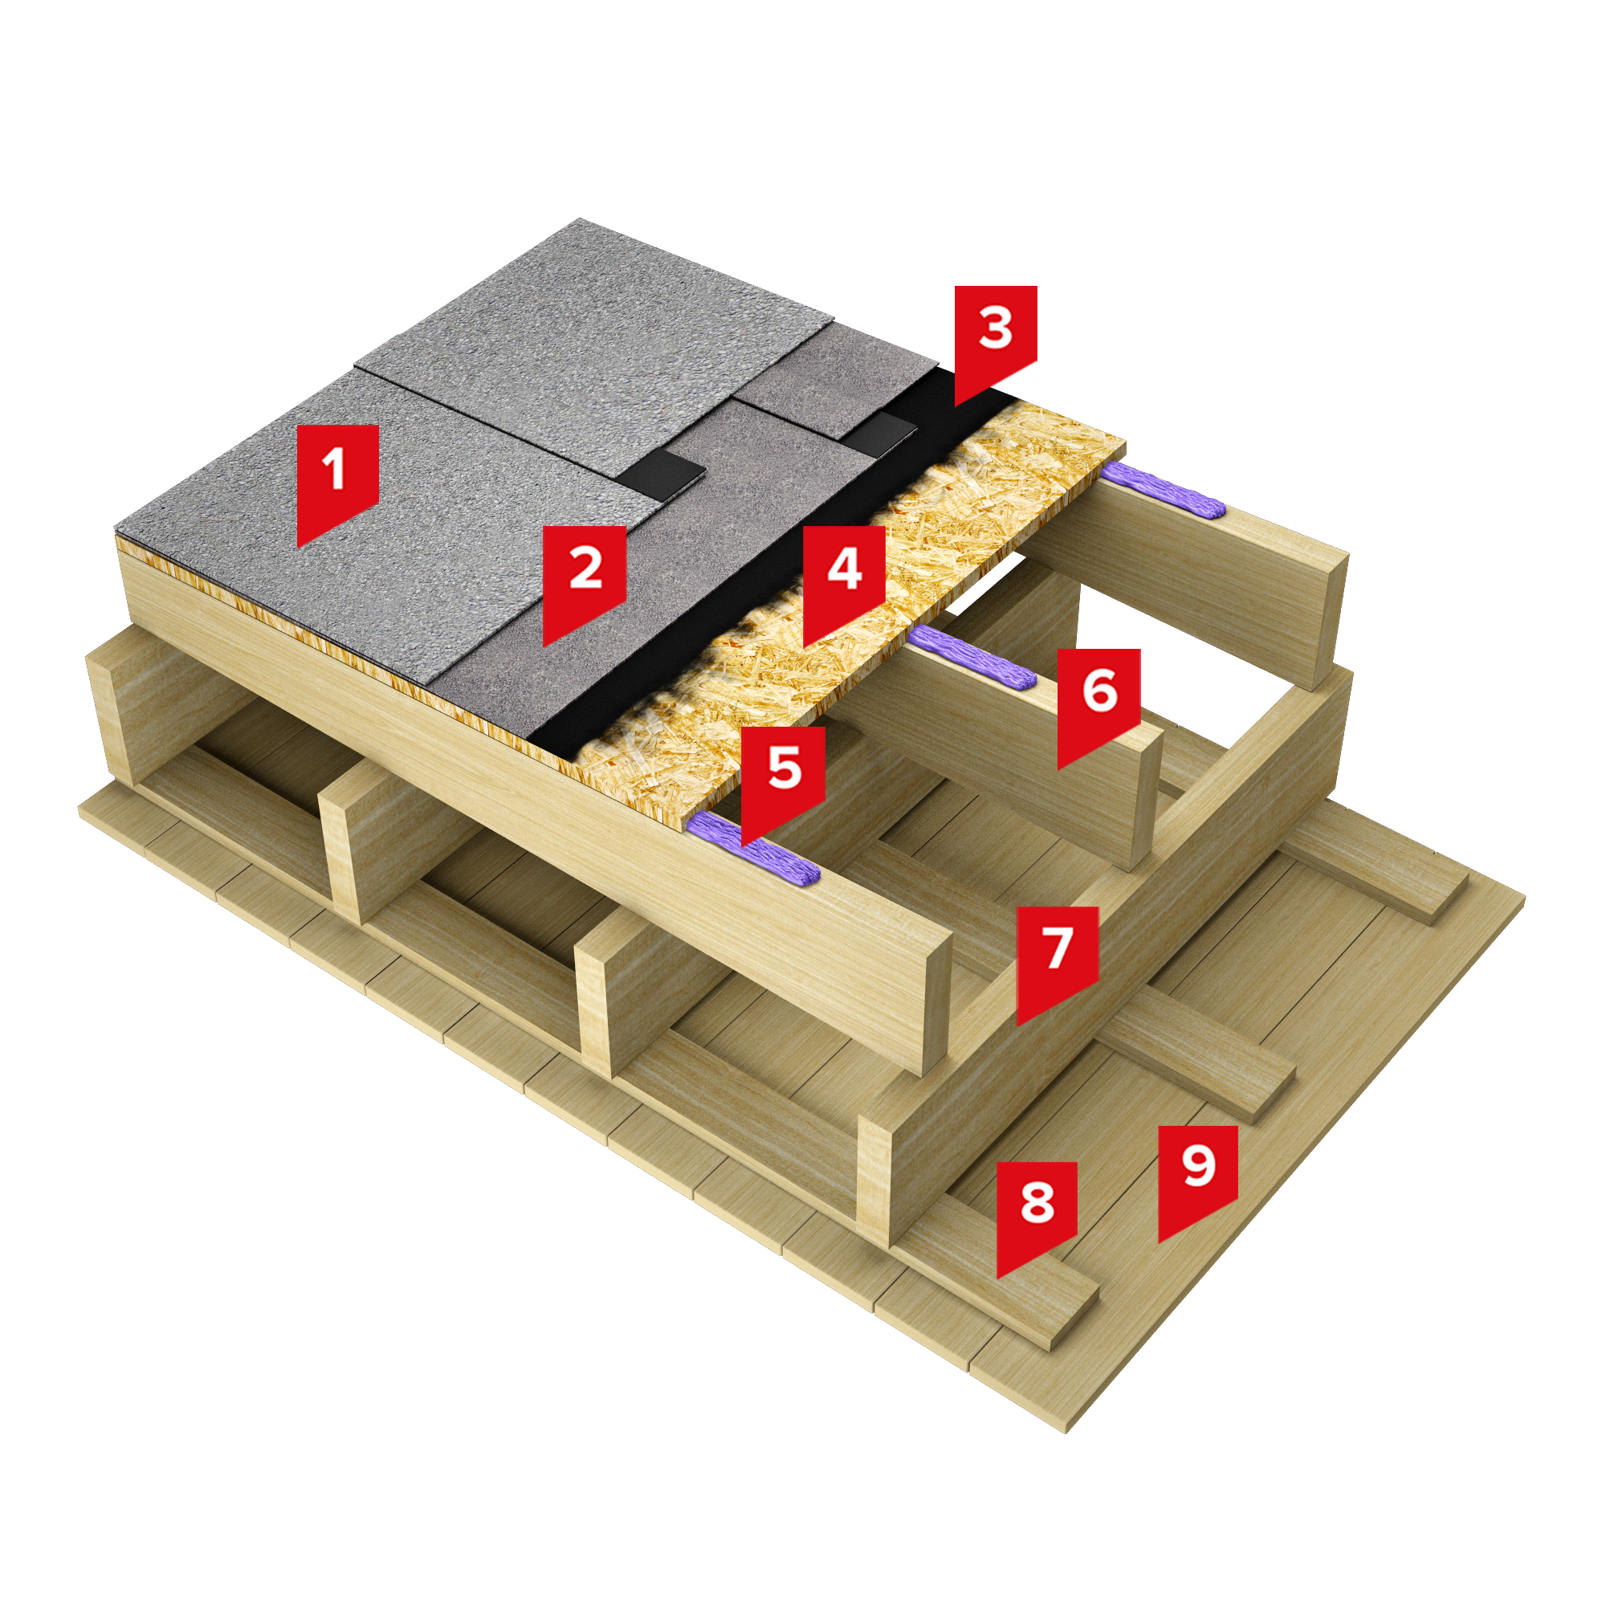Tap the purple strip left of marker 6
(972, 658)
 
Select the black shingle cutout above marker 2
(662, 475)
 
